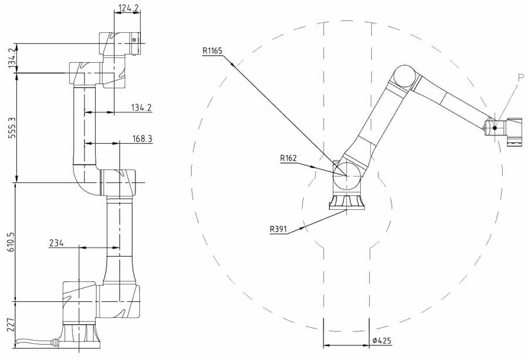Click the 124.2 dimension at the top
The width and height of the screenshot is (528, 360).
pos(129,8)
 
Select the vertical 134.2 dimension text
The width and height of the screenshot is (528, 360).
pos(12,58)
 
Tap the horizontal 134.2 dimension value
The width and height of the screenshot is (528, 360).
pos(142,108)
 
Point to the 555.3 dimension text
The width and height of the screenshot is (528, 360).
pos(12,127)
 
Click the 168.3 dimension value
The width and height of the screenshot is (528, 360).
pos(143,138)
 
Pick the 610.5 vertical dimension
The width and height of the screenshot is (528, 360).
pos(12,242)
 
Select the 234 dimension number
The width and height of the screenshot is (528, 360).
pos(56,243)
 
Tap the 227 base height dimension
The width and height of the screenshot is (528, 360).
pos(12,325)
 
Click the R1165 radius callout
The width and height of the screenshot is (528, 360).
pos(212,51)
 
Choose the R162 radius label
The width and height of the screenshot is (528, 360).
pos(289,158)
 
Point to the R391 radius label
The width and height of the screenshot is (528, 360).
pos(278,229)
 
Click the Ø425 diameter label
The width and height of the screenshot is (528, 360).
pos(382,341)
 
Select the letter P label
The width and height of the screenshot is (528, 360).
pos(520,78)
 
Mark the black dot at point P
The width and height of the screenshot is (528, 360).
pos(495,128)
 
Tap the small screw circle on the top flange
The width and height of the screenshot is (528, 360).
pos(134,40)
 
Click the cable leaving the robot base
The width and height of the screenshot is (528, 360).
pos(34,342)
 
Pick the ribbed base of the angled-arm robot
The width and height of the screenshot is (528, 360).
pos(347,201)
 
